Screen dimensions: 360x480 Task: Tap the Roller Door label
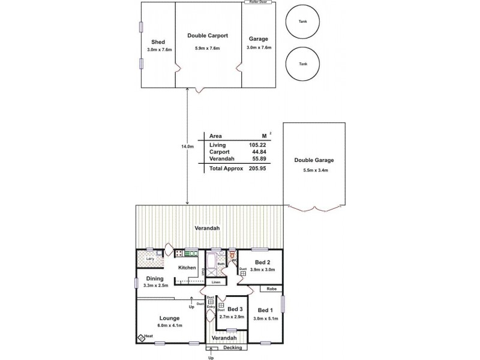point(258,2)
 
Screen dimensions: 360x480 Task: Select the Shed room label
point(158,41)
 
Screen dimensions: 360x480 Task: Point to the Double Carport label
point(207,36)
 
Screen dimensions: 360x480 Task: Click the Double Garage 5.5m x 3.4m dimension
point(314,170)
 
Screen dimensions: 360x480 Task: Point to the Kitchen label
point(188,267)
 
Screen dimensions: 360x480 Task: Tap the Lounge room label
point(170,318)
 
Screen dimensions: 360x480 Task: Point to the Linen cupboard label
point(216,282)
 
